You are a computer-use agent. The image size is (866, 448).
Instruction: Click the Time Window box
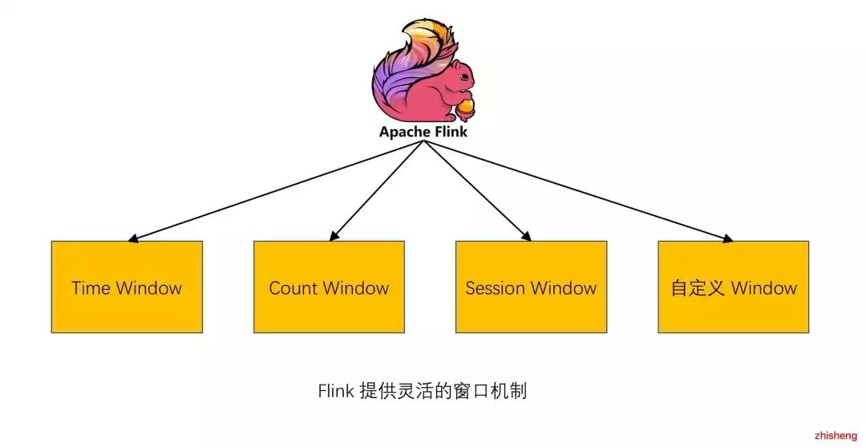click(127, 287)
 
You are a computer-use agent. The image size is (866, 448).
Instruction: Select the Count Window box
click(329, 287)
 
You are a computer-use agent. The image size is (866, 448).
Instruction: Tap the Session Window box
click(531, 287)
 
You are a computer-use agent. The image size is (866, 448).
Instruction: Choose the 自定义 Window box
click(733, 287)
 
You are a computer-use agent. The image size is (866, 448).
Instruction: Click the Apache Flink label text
click(423, 132)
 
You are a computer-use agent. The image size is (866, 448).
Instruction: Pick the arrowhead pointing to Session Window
click(528, 237)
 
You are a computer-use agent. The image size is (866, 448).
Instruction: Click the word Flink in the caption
click(335, 392)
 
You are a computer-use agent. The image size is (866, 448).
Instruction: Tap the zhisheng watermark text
click(835, 436)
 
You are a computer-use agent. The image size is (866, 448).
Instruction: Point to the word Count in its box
click(293, 287)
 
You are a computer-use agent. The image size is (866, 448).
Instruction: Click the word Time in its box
click(91, 287)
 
